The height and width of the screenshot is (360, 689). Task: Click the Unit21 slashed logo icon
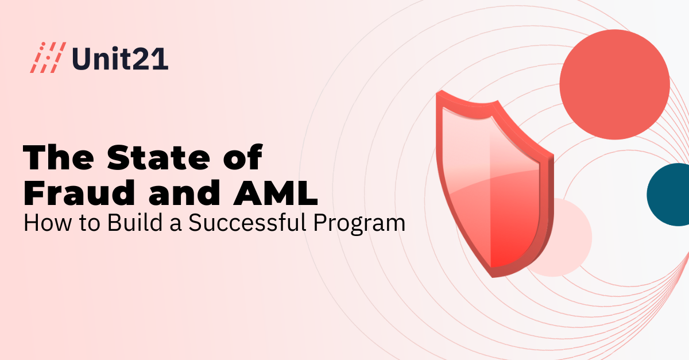(48, 57)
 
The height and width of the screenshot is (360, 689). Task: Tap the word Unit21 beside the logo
(120, 57)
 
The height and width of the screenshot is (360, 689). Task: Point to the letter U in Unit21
(82, 57)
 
